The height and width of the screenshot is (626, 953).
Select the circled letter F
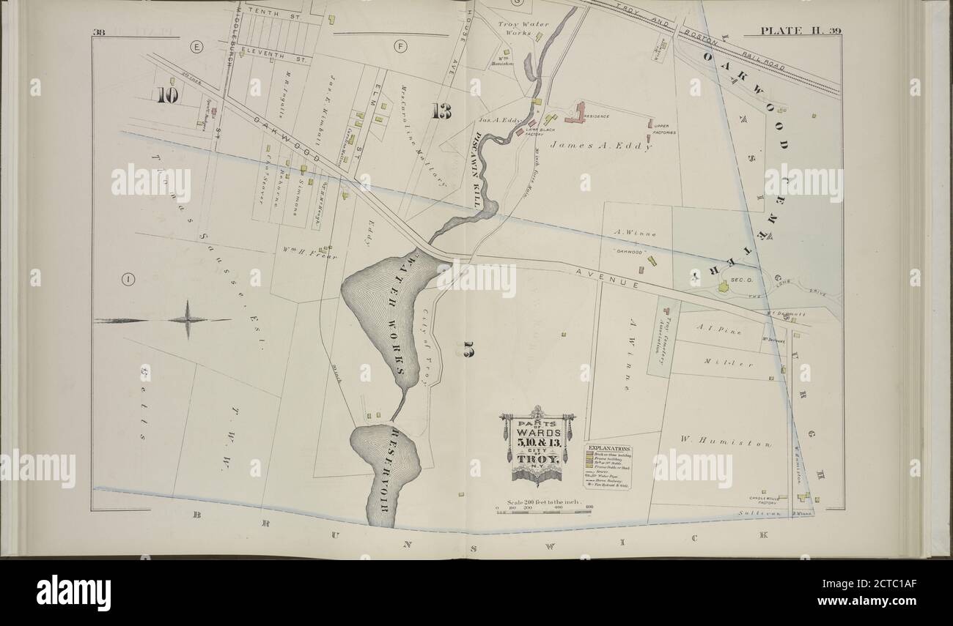click(400, 47)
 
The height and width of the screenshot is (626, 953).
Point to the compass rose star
click(187, 319)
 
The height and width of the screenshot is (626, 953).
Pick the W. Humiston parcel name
click(725, 443)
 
